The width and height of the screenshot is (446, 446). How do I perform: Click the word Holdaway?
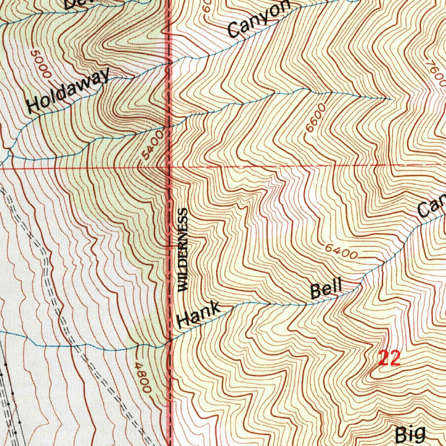click(x=68, y=91)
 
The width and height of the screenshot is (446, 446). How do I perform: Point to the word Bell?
click(x=326, y=288)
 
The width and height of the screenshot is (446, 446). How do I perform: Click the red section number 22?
click(x=389, y=358)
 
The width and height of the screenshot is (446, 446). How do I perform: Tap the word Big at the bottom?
click(x=410, y=434)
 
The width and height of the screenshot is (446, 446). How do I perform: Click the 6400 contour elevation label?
click(x=341, y=251)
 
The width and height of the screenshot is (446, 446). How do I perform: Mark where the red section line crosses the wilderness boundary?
click(x=170, y=167)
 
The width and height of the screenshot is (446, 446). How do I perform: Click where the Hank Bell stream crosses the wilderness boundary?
click(x=170, y=341)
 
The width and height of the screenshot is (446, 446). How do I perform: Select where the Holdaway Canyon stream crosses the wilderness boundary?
click(x=170, y=64)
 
